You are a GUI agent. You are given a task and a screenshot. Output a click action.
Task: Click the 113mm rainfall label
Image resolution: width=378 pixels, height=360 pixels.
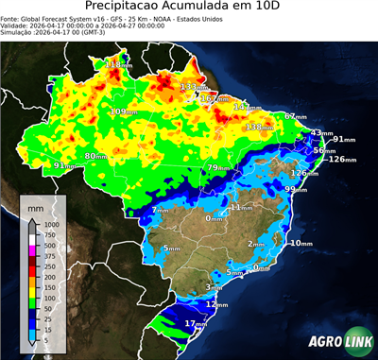coord(118,64)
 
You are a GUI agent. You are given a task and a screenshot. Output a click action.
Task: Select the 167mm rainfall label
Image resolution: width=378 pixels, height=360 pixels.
coord(215,98)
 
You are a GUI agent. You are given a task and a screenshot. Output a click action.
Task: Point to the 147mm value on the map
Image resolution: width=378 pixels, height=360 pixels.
coord(248,107)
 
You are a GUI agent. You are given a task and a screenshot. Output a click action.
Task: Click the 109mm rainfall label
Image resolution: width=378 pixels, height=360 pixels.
coord(123,111)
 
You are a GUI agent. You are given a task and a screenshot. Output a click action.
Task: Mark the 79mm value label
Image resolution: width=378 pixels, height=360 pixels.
coord(218,167)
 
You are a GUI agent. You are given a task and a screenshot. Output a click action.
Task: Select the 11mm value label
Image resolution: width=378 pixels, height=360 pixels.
coord(241,206)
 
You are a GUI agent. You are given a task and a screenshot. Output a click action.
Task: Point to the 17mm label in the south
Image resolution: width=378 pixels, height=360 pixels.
coord(196,324)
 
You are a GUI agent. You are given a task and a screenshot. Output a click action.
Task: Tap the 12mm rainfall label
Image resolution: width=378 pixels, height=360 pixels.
coord(216,305)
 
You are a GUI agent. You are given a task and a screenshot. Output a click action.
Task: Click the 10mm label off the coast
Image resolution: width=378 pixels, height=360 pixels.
coord(301,243)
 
